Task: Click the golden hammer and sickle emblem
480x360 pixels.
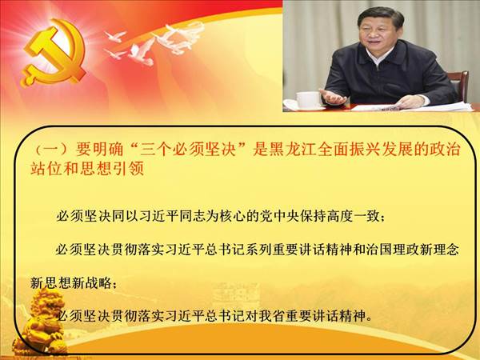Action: tap(53, 53)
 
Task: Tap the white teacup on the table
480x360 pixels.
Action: tap(309, 100)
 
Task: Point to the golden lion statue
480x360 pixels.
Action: tap(43, 322)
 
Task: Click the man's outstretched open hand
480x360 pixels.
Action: tap(334, 98)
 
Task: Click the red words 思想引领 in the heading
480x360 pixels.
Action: tap(112, 169)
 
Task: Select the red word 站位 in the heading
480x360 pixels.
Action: tap(46, 169)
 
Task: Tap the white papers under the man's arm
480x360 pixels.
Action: tap(429, 106)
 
